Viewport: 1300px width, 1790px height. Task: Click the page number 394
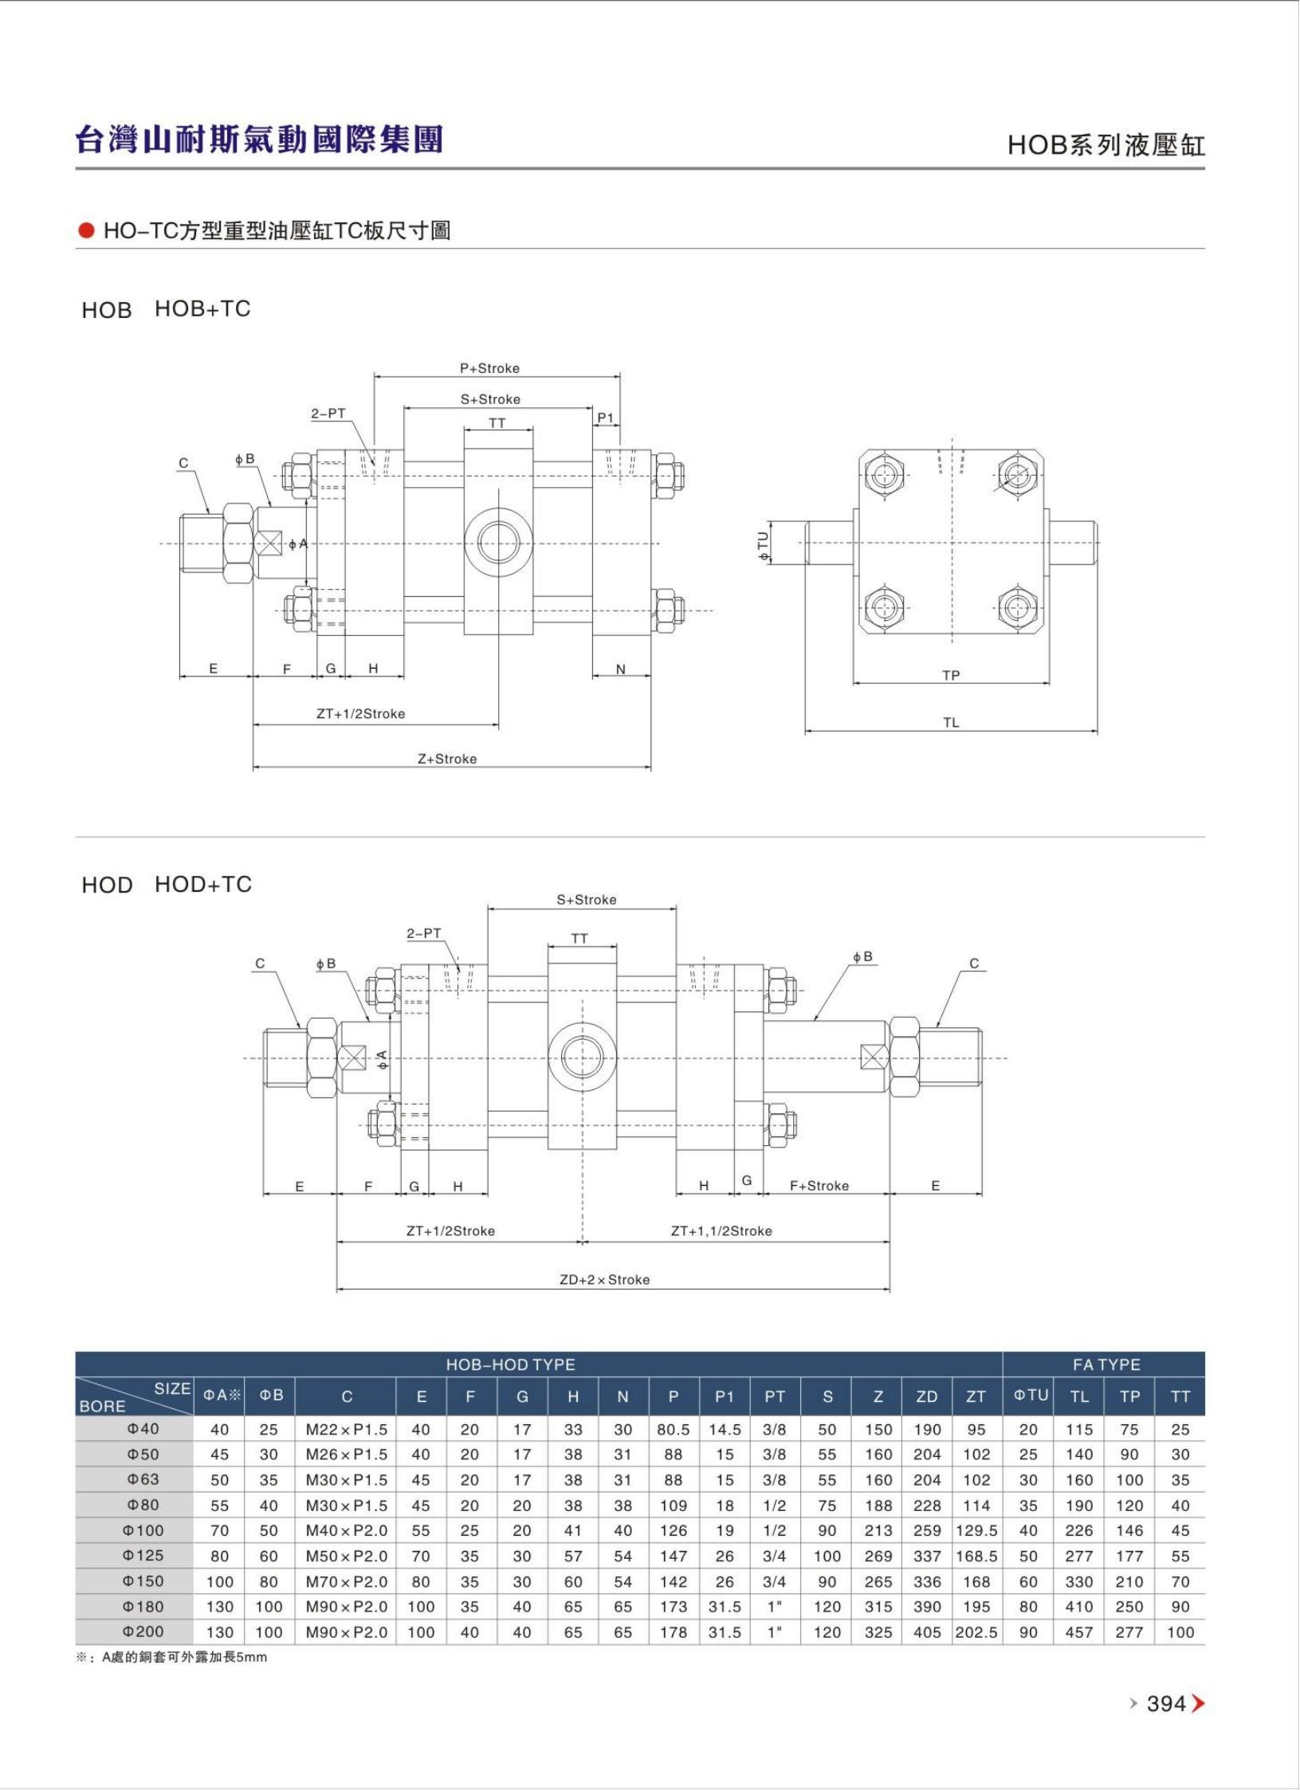click(x=1166, y=1703)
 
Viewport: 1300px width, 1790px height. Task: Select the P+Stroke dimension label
click(x=489, y=368)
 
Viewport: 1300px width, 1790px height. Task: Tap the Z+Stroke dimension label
click(x=447, y=759)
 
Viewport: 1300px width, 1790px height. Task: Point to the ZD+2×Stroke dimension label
click(x=604, y=1279)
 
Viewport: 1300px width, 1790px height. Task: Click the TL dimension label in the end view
click(x=951, y=723)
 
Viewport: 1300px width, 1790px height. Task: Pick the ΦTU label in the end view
click(x=764, y=547)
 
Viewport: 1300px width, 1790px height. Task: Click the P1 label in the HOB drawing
click(x=606, y=418)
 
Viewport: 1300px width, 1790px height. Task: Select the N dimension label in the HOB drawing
click(x=621, y=669)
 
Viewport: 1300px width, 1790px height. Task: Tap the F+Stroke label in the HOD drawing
click(x=819, y=1185)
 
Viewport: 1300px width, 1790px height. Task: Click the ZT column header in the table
click(x=976, y=1396)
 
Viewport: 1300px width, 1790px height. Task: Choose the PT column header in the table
click(x=775, y=1396)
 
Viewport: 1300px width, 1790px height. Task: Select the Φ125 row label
click(x=143, y=1555)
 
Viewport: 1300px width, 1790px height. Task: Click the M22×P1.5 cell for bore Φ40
click(x=347, y=1430)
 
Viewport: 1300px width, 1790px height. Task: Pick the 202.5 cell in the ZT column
click(x=976, y=1632)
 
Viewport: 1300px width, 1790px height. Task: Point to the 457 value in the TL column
click(x=1079, y=1632)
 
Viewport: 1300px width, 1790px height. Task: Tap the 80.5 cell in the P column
click(x=674, y=1430)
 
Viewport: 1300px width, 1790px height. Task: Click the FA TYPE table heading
click(x=1106, y=1364)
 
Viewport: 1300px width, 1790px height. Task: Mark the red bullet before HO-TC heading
click(x=86, y=231)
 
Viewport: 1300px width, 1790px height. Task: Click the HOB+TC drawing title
click(x=202, y=308)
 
